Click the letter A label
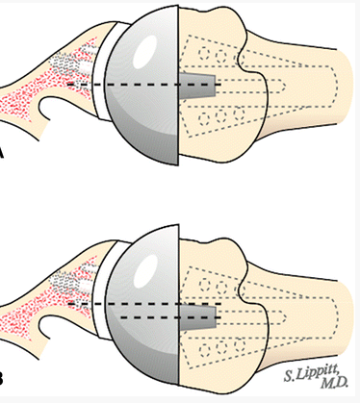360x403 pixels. pos(5,153)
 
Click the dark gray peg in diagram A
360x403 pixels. pos(203,87)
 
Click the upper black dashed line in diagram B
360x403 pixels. pos(125,305)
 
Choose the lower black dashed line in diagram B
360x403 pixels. pos(125,321)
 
